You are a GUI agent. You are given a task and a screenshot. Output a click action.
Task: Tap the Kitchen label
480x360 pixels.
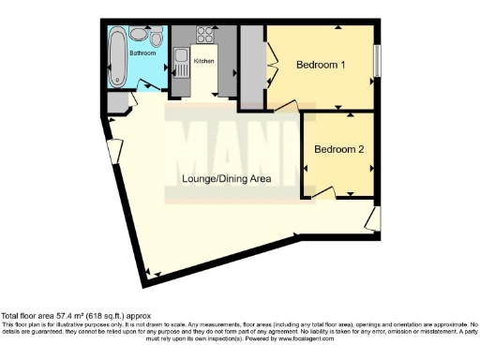pyautogui.click(x=203, y=61)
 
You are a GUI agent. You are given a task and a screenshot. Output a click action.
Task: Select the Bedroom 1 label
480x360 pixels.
pyautogui.click(x=321, y=65)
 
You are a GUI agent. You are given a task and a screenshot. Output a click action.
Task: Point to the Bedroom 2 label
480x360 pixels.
pyautogui.click(x=338, y=149)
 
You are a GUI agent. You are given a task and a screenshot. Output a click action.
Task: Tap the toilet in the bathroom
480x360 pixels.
pyautogui.click(x=139, y=36)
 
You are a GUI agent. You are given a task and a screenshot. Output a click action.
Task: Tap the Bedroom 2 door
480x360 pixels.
pyautogui.click(x=324, y=193)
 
